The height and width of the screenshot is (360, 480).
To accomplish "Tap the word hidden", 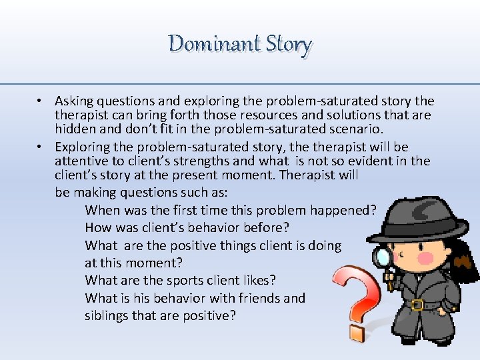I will [74, 129].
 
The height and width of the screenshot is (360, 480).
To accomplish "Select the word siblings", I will [107, 315].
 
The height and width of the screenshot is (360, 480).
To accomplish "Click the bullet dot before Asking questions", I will [41, 101].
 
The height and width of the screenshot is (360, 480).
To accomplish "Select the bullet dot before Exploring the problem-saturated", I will [41, 147].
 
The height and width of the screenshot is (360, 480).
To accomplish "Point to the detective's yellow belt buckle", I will [417, 305].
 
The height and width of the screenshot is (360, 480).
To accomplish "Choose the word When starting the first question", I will [101, 211].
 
